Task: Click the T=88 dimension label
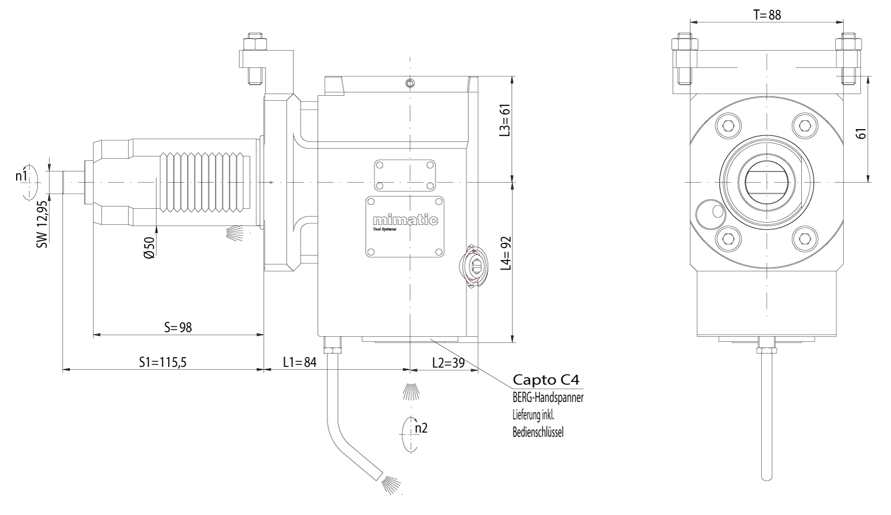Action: click(767, 15)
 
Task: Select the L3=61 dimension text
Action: click(505, 121)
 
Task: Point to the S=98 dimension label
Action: click(178, 327)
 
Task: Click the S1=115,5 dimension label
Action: click(163, 362)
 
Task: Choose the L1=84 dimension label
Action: click(300, 362)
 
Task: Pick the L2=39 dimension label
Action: click(448, 362)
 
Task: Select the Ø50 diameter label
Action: click(149, 247)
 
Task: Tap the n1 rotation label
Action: click(21, 176)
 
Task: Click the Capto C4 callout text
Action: click(546, 380)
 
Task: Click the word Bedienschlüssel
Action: click(538, 432)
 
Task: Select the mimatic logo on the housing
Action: click(404, 220)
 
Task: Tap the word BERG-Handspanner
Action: click(548, 399)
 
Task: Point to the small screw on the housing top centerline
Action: click(410, 84)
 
